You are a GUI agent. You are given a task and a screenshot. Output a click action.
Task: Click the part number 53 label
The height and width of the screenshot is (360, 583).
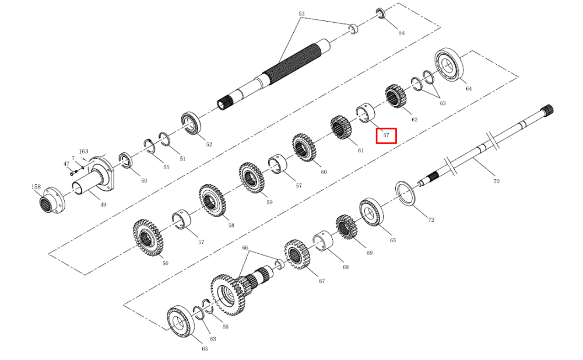click(301, 14)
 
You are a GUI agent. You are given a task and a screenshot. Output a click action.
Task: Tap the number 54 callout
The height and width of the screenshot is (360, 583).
click(402, 33)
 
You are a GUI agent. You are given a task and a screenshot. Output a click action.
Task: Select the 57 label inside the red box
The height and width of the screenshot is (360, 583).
click(387, 135)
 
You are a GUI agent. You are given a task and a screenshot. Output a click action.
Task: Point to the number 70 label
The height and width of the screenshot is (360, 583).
click(496, 181)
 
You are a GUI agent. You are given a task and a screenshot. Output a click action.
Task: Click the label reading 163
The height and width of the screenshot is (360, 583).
click(83, 151)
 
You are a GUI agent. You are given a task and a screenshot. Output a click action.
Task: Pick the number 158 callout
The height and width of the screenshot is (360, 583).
click(36, 187)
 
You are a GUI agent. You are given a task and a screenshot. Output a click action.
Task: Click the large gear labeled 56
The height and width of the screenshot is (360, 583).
click(147, 238)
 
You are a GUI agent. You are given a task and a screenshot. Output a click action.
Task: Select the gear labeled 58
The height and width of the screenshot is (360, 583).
click(212, 201)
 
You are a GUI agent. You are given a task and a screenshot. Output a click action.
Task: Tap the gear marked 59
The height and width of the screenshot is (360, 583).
click(252, 178)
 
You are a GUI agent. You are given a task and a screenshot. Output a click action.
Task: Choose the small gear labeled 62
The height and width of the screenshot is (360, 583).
click(395, 96)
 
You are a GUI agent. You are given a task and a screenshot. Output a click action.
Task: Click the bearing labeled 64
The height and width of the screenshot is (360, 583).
click(450, 65)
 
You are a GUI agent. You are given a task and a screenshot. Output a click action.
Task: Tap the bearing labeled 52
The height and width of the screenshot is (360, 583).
click(191, 123)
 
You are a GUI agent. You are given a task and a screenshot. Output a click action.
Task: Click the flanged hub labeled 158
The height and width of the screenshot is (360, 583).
click(52, 201)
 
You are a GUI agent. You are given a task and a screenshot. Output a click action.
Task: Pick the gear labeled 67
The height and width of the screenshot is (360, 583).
click(297, 254)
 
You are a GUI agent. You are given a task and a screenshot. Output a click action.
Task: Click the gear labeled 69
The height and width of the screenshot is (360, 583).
click(346, 227)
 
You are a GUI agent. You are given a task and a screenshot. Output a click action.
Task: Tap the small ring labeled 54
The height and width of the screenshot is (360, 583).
click(381, 13)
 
